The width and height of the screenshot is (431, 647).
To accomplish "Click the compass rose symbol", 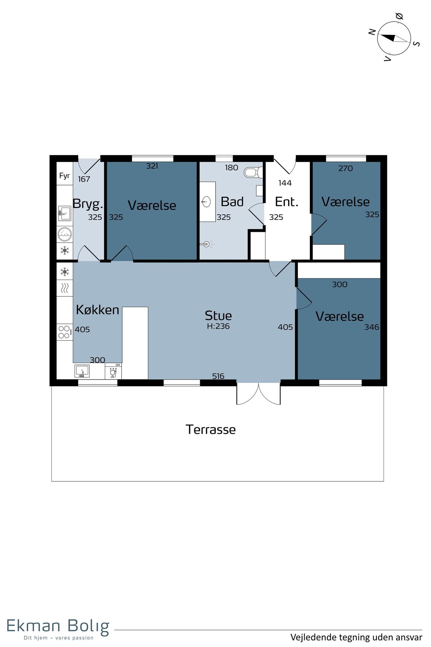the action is pos(394,38).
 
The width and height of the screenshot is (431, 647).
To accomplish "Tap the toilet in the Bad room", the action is pos(254,173).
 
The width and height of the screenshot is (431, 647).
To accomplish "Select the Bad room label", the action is pos(232,202).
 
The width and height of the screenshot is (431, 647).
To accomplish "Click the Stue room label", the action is pos(218,316).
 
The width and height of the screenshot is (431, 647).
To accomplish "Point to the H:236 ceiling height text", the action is pos(218,326).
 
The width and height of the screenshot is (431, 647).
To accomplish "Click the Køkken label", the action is pos(97,310).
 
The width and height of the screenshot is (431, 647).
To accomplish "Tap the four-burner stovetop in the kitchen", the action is pos(65,332).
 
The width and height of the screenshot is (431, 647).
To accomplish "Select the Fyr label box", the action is pos(65,175).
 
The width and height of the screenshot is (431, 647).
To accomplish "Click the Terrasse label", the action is pos(211,430).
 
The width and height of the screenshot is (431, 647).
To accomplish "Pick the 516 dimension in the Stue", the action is pos(218,376).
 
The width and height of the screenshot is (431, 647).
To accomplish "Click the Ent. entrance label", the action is pos(287,202).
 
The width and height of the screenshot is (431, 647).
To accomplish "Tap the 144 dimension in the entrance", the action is pos(285,183).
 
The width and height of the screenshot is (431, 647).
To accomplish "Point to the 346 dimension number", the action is pos(372,327).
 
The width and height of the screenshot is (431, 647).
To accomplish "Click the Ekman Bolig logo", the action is pos(58,628).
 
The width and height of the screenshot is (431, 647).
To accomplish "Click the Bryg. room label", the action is pos(88,204).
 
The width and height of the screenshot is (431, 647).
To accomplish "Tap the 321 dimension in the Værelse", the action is pos(152,166).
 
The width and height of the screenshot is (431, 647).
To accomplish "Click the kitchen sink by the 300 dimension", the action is pos(82,371).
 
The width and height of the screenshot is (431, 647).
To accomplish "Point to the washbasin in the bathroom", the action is pos(206,202).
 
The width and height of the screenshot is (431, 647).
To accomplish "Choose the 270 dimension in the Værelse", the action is pos(346,168).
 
